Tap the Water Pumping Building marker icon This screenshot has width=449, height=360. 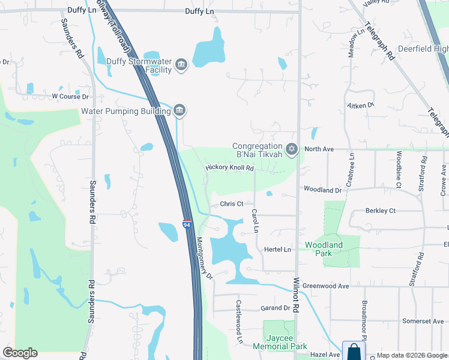[179, 110]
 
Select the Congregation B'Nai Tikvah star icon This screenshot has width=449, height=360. [292, 149]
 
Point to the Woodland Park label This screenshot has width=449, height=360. [324, 249]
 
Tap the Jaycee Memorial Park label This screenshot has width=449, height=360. [280, 342]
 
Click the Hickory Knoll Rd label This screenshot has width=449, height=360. [230, 168]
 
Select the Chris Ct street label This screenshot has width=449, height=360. [231, 204]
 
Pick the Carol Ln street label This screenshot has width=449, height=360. [255, 221]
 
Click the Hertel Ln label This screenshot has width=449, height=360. [277, 250]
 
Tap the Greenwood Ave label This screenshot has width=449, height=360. [325, 286]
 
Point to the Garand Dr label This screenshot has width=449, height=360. [276, 308]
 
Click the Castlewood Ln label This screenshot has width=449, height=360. [239, 330]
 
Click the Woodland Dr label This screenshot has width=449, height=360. [322, 189]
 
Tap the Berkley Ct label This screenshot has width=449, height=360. [381, 211]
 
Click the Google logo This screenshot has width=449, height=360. [20, 353]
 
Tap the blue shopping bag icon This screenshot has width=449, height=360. [354, 351]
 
